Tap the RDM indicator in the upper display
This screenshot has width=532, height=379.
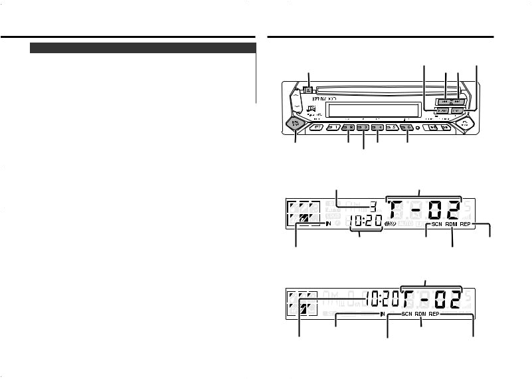click(x=453, y=225)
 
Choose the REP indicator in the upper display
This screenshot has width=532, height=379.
click(x=470, y=225)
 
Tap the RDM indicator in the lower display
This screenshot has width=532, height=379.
click(x=422, y=313)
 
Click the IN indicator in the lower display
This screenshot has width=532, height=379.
click(x=383, y=313)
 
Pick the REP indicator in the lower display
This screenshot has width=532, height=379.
click(x=434, y=313)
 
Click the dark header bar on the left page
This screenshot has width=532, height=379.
click(x=143, y=48)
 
